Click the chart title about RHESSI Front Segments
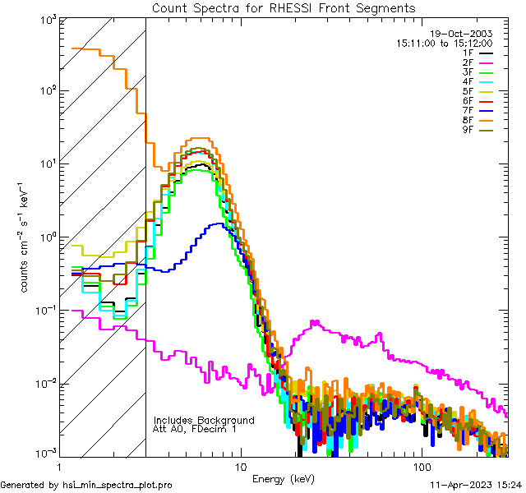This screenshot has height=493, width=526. point(284,7)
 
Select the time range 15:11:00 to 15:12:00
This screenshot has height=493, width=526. point(444,42)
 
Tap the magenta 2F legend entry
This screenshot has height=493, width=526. point(477,62)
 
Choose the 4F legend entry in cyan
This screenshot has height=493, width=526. point(477,81)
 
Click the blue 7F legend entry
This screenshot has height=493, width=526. point(477,110)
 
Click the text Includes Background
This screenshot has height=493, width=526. point(204,420)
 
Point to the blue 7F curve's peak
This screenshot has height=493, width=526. point(216,224)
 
